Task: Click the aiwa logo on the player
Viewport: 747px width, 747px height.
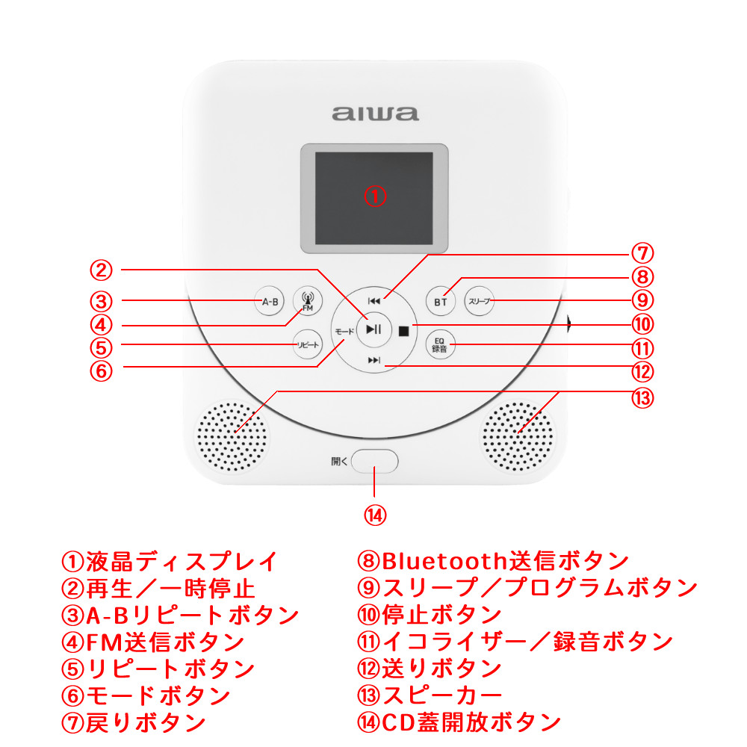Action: pos(376,114)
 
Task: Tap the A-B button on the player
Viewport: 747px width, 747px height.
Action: pos(270,301)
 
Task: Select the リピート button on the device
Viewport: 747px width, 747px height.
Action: pos(308,344)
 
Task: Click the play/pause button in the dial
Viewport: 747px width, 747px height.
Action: pos(374,329)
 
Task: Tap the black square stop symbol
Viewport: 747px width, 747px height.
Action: pos(403,331)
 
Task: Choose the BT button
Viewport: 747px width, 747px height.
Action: pos(441,302)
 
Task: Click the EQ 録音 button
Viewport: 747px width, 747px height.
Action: pos(440,344)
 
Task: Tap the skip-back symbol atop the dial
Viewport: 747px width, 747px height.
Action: pos(374,301)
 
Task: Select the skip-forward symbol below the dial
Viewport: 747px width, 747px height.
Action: pos(374,360)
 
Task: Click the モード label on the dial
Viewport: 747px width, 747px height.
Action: pos(344,331)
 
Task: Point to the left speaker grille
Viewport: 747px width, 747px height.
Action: pos(232,437)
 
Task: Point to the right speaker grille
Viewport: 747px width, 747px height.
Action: pos(518,437)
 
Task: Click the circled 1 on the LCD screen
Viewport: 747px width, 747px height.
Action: pos(375,196)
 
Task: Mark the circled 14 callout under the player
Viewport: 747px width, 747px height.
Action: pos(375,515)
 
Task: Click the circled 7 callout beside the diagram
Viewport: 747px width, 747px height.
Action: pos(642,253)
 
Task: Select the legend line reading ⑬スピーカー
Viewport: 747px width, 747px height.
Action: pos(430,695)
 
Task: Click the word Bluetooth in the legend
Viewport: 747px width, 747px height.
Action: pos(444,561)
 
